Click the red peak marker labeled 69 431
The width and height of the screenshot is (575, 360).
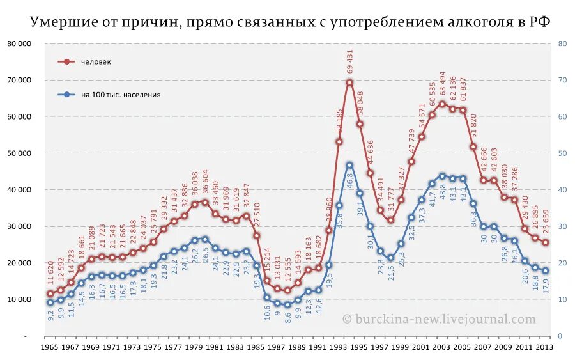(x=349, y=82)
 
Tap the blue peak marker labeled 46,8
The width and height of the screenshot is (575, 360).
(x=349, y=165)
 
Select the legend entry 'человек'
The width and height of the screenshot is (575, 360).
(x=96, y=62)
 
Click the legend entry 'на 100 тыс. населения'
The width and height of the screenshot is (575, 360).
(x=120, y=95)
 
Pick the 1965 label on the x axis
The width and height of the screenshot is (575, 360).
(x=50, y=347)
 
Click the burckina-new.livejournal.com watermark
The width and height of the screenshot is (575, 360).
(x=439, y=318)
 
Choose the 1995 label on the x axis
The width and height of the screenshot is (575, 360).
(x=360, y=347)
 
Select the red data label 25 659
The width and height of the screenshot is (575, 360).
(x=546, y=223)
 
